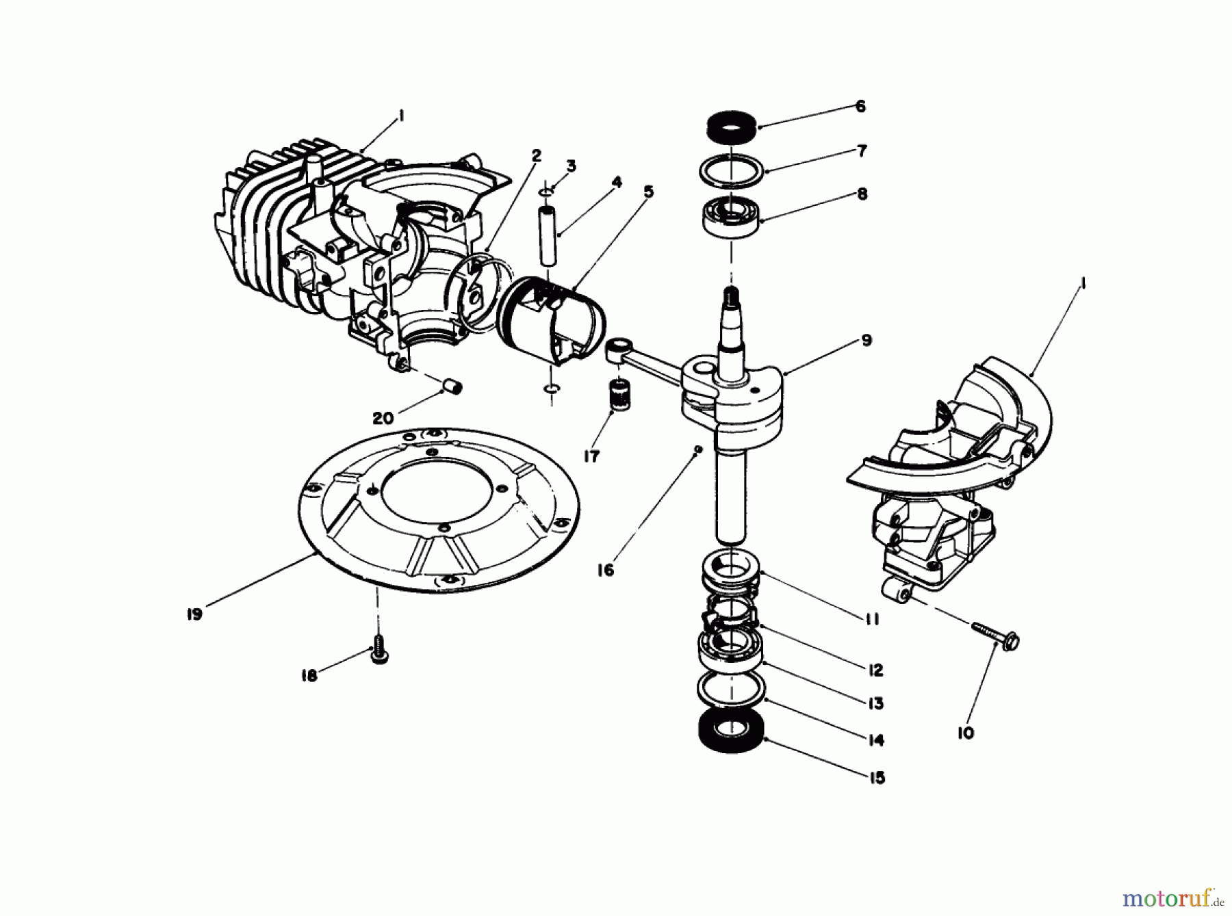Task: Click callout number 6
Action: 860,106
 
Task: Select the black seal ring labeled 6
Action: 730,129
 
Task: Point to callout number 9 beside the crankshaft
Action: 866,340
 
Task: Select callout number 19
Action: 194,614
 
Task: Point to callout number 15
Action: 877,778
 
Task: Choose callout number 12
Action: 875,670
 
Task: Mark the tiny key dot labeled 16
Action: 697,449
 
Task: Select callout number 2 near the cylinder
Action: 536,156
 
